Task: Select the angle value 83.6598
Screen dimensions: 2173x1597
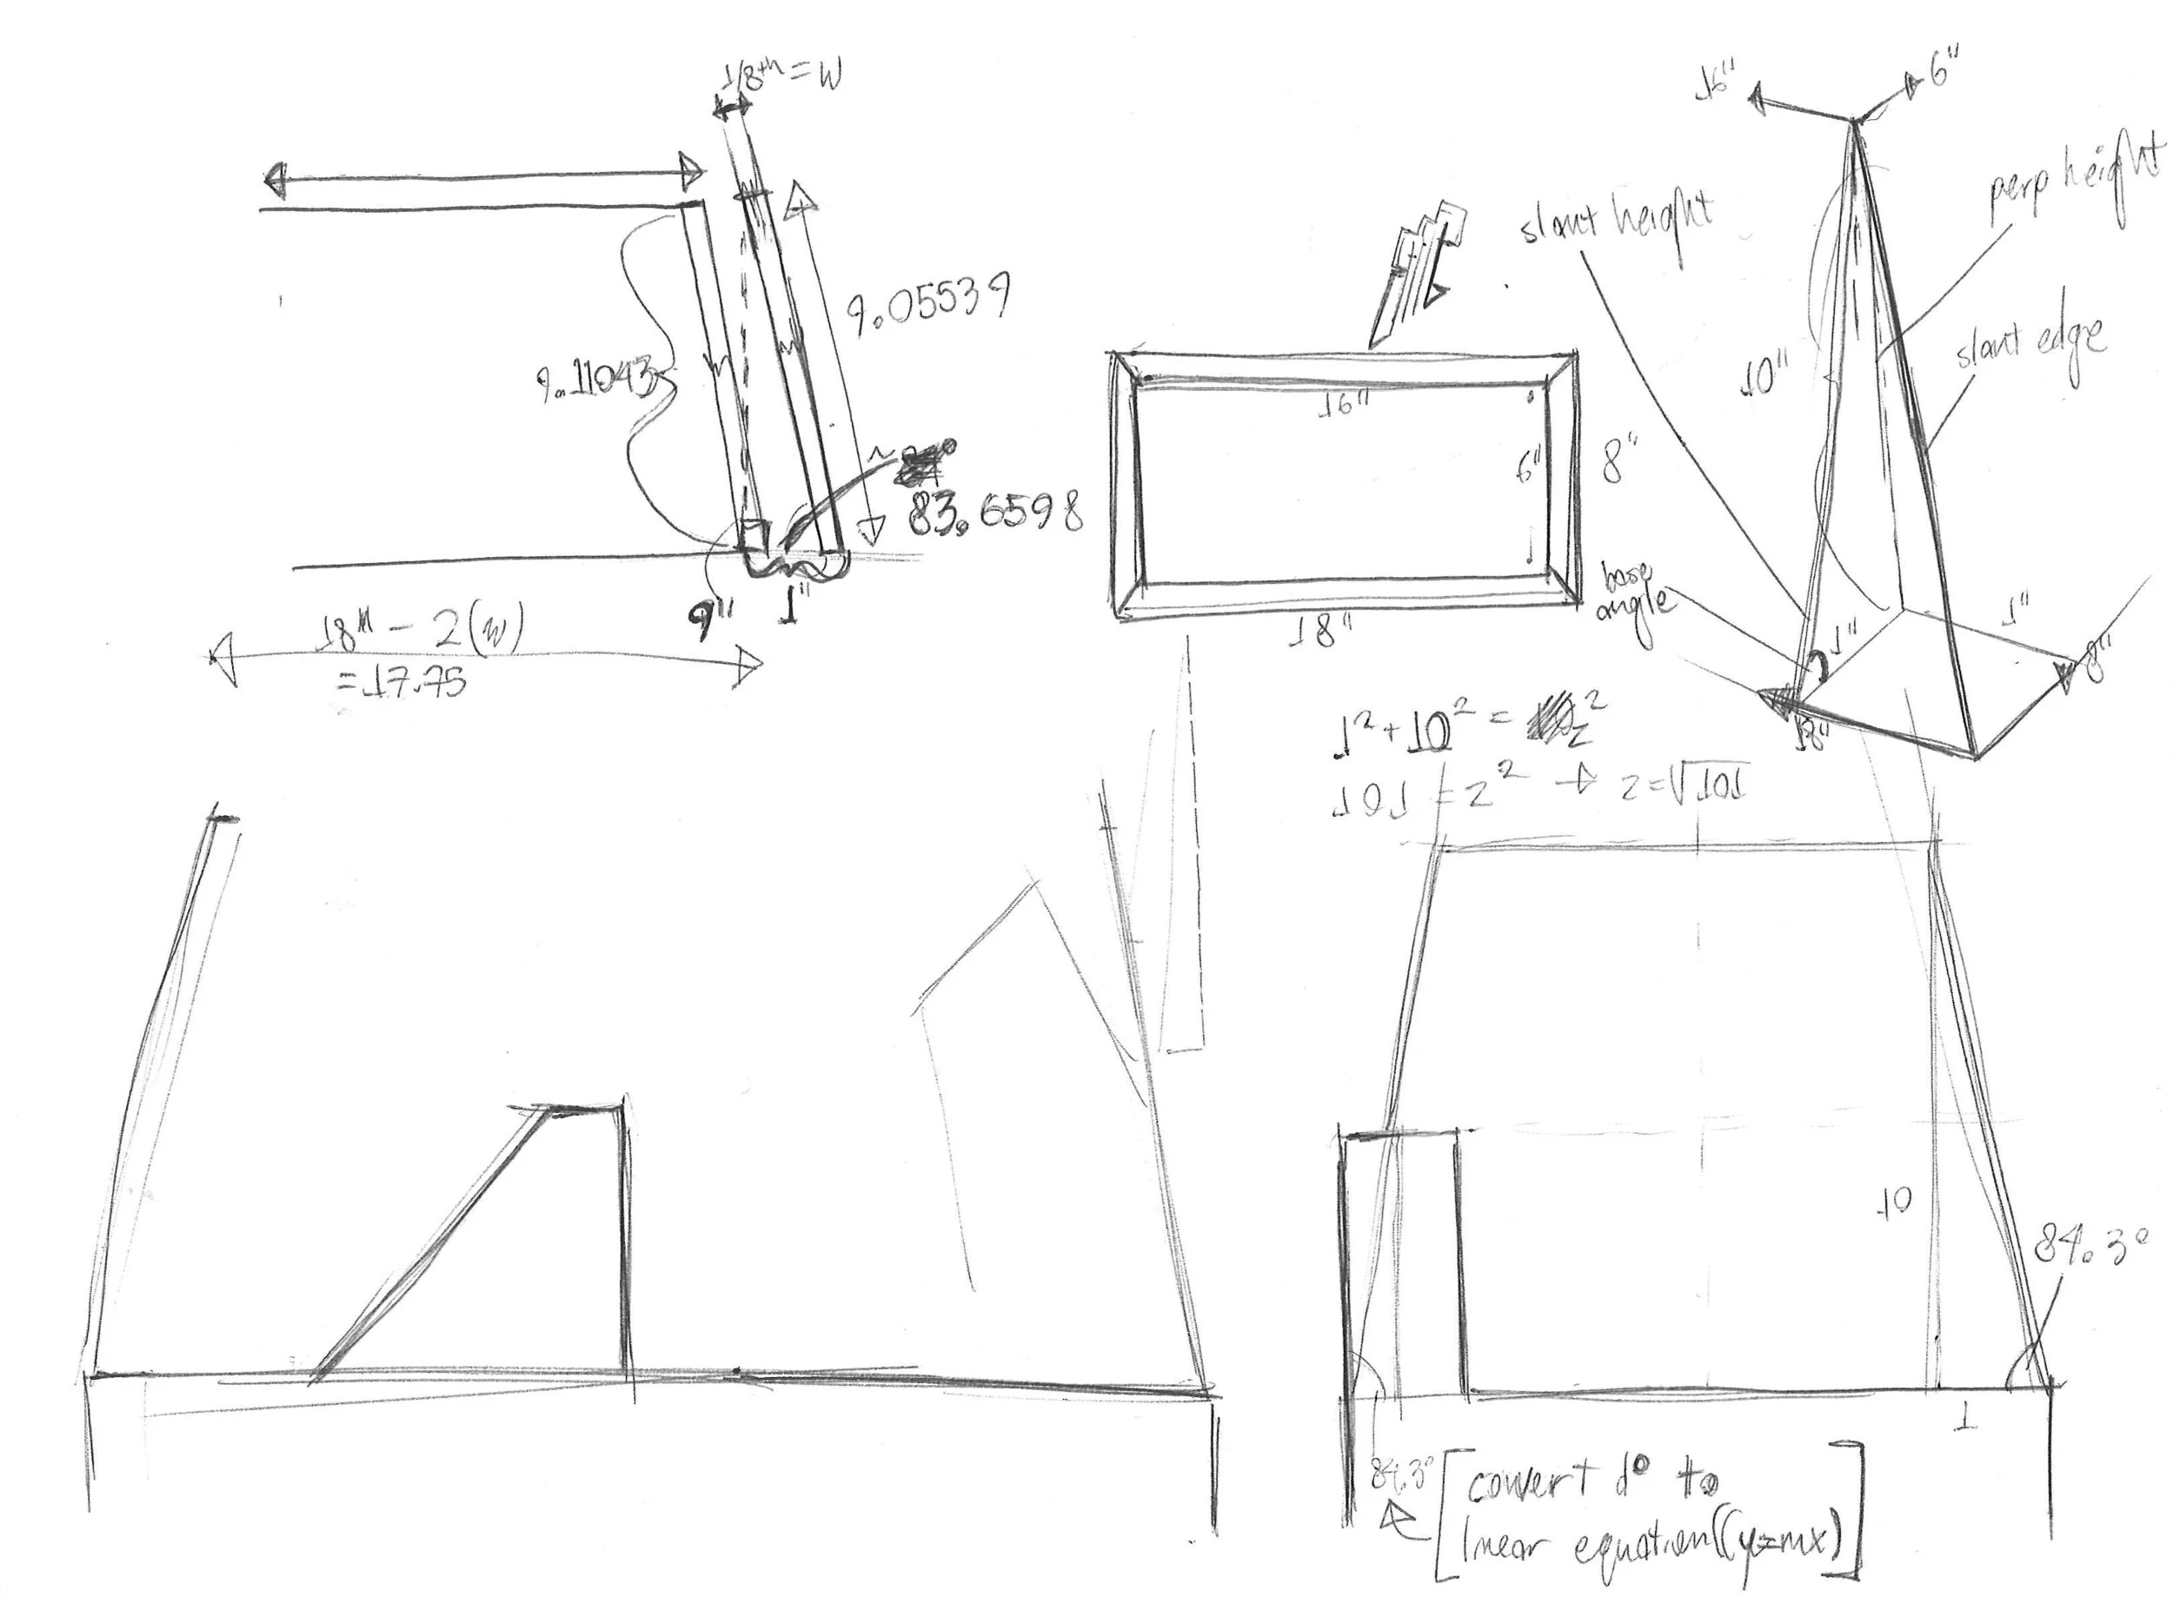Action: point(993,514)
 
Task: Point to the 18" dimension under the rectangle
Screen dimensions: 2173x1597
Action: point(1320,633)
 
